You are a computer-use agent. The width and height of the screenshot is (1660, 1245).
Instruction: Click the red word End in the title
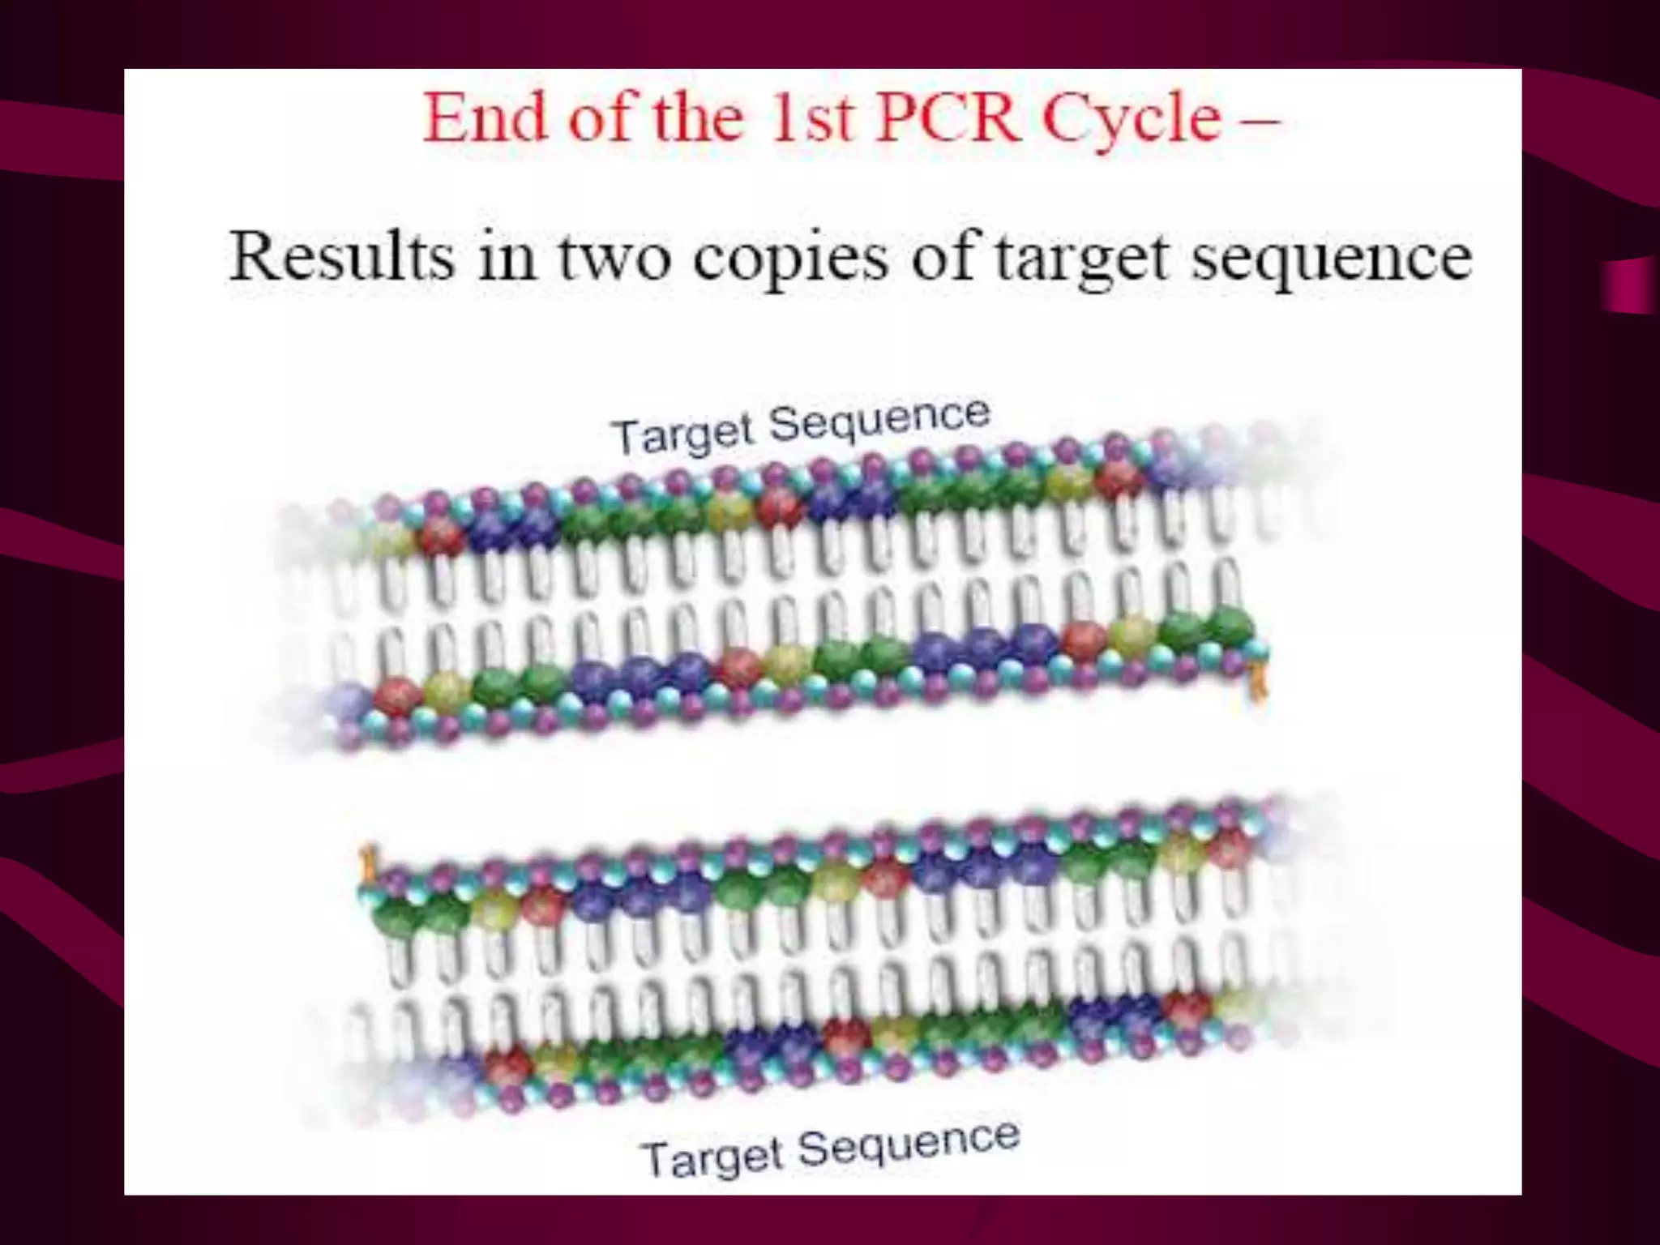(x=486, y=118)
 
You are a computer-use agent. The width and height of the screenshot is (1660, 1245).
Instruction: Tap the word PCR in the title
(x=949, y=118)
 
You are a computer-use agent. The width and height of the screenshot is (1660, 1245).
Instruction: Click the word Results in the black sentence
(x=341, y=256)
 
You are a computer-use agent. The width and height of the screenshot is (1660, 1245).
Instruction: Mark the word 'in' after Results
(x=507, y=256)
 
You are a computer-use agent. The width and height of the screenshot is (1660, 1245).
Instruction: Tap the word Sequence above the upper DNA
(x=879, y=420)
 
